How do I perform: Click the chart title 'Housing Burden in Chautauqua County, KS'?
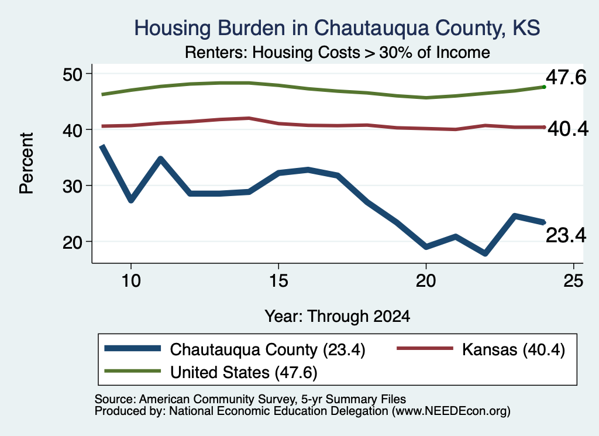(x=337, y=29)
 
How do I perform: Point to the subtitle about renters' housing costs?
(x=338, y=52)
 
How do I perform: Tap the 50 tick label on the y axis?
(x=73, y=74)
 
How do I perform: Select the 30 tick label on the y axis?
(x=73, y=186)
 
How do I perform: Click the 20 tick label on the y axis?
(x=73, y=242)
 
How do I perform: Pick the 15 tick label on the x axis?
(x=278, y=281)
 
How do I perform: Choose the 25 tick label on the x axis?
(x=573, y=281)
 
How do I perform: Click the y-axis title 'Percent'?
(x=26, y=163)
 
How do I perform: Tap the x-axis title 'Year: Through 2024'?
(x=338, y=317)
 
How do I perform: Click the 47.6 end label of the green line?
(x=566, y=78)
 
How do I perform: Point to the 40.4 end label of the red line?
(x=568, y=129)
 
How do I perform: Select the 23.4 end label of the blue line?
(x=566, y=235)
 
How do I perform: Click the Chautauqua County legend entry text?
(x=267, y=349)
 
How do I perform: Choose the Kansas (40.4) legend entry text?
(x=514, y=349)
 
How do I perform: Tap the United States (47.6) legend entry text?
(x=244, y=373)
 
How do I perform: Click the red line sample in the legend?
(x=425, y=348)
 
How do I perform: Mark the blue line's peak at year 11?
(x=161, y=159)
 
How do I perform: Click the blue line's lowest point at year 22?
(x=485, y=253)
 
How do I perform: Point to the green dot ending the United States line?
(x=544, y=87)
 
